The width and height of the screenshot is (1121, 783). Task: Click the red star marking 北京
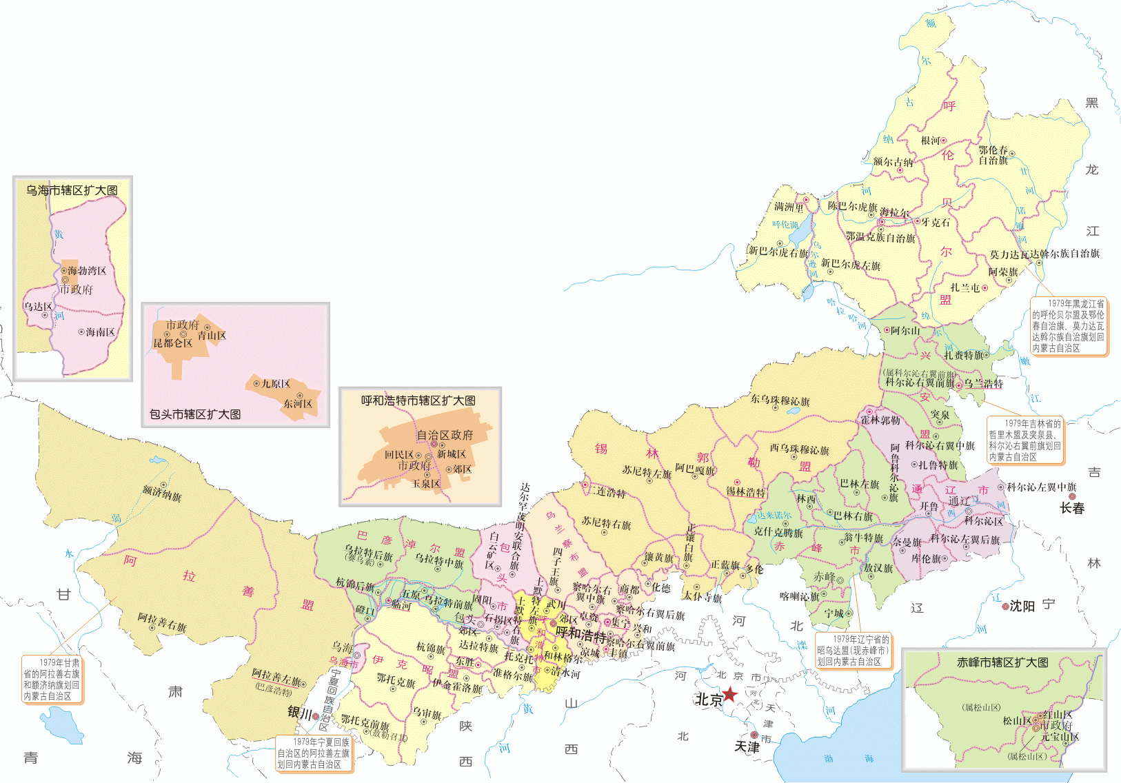729,694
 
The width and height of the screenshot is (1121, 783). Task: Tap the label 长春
1072,509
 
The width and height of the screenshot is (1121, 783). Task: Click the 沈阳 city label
1022,606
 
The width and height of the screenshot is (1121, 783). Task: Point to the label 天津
747,747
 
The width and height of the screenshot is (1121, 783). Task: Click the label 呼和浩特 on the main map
580,633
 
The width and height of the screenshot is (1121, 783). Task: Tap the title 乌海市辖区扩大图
72,190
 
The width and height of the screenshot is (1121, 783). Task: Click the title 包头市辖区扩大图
195,414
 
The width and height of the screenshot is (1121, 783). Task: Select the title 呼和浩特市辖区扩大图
418,400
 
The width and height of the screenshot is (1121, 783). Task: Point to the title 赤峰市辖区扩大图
1002,662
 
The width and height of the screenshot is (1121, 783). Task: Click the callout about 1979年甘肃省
52,680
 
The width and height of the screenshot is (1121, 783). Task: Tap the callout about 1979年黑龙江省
1068,326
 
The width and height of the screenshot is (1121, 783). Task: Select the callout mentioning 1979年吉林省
1024,440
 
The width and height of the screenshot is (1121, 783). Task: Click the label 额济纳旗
161,494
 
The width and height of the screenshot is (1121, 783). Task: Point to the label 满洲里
789,206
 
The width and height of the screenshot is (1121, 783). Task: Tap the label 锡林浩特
745,492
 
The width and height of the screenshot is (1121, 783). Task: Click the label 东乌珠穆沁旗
780,400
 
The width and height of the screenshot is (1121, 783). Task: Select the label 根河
930,141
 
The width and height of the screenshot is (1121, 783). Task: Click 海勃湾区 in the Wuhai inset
87,271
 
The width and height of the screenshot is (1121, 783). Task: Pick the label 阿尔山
905,331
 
